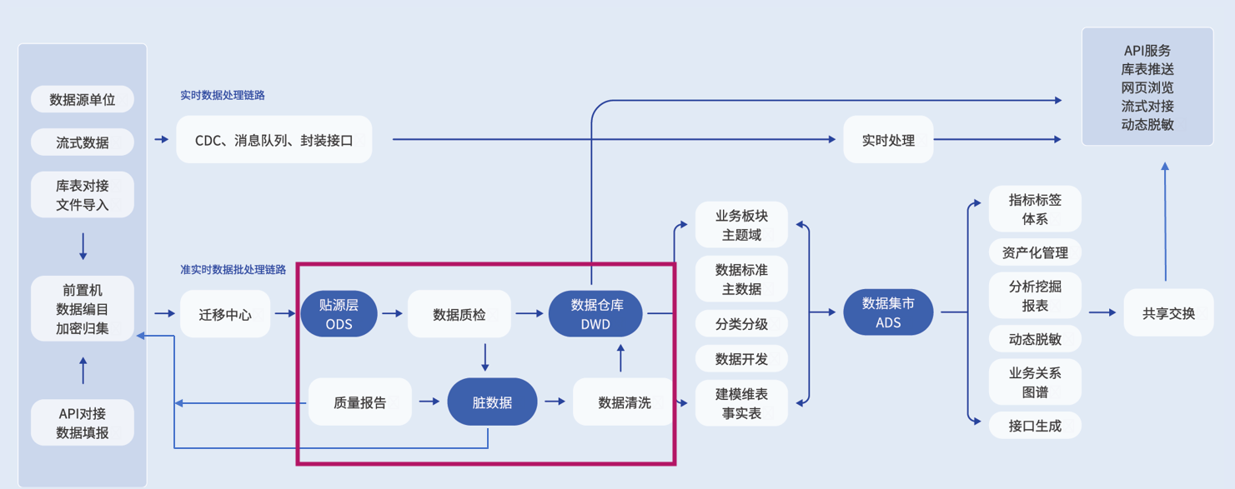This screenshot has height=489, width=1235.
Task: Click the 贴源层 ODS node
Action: pos(339,314)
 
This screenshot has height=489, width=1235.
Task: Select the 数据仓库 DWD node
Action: pos(595,314)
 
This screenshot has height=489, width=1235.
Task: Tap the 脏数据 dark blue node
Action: pos(492,402)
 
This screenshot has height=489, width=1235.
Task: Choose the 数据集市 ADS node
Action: pos(888,312)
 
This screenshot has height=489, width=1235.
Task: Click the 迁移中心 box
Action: pos(225,314)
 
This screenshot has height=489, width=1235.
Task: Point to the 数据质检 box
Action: pos(459,314)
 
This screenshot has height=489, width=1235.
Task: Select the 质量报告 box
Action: pos(359,402)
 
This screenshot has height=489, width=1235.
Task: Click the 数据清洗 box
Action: pos(624,402)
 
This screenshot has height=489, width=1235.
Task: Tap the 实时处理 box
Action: pos(888,140)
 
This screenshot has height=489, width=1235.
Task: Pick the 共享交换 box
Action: pos(1168,313)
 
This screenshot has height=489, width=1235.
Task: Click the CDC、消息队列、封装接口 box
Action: pos(274,140)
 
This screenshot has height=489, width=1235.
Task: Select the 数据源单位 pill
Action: pos(82,99)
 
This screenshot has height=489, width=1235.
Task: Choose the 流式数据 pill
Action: pos(82,142)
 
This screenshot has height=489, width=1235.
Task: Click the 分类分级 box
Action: pos(741,323)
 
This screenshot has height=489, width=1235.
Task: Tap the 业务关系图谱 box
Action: pos(1035,382)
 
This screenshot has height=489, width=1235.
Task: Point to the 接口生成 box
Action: pos(1035,426)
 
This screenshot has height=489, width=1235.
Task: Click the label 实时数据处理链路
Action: pos(223,95)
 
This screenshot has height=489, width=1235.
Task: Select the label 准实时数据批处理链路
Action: pos(233,270)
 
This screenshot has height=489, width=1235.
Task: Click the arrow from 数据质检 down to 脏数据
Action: pos(485,357)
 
